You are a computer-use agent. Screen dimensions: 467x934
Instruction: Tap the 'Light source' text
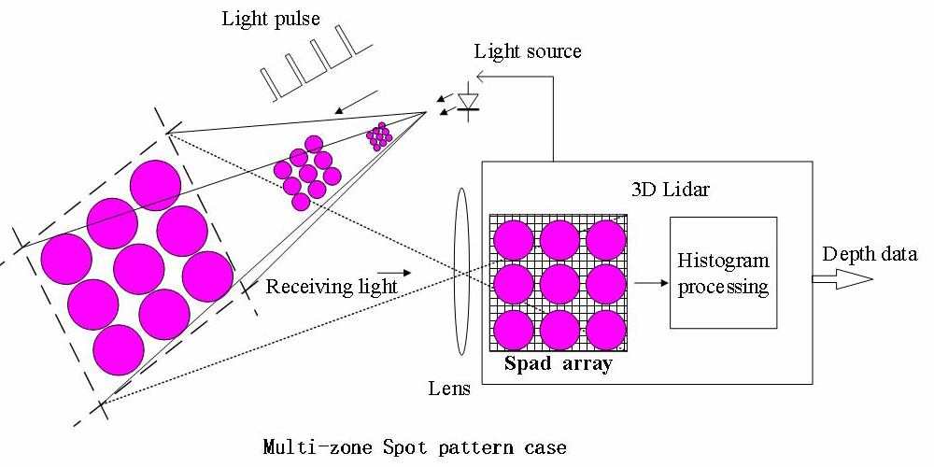point(528,50)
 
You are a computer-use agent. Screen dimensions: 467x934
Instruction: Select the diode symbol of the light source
point(468,101)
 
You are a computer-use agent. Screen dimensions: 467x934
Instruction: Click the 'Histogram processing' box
point(723,273)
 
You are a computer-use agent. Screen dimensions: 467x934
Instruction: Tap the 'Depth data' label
point(870,254)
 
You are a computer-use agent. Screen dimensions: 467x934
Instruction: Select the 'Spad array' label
point(558,364)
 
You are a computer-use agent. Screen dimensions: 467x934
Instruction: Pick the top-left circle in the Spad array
point(512,239)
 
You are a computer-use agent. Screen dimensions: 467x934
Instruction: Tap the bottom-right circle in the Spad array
point(606,329)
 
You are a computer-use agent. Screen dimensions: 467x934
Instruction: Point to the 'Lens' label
point(448,389)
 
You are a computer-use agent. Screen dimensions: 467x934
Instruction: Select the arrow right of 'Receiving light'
point(395,275)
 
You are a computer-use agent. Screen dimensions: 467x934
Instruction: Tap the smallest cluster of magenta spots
point(378,137)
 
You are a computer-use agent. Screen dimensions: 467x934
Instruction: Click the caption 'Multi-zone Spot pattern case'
point(415,447)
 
